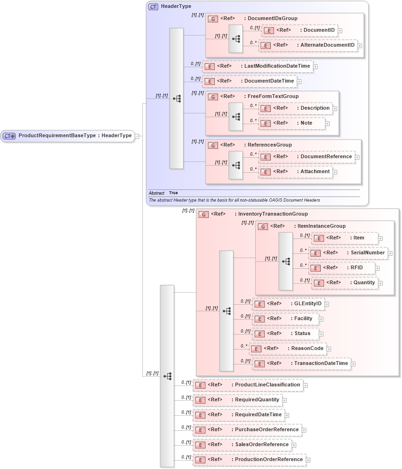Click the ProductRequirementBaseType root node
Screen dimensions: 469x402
click(x=68, y=136)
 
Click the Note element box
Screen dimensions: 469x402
click(x=292, y=123)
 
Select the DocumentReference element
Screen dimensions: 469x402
click(x=306, y=157)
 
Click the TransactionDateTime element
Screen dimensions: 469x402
click(x=301, y=364)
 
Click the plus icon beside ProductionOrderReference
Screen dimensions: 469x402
click(x=308, y=460)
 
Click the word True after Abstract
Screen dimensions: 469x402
click(x=173, y=193)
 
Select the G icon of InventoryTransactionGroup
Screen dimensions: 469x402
click(x=203, y=214)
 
